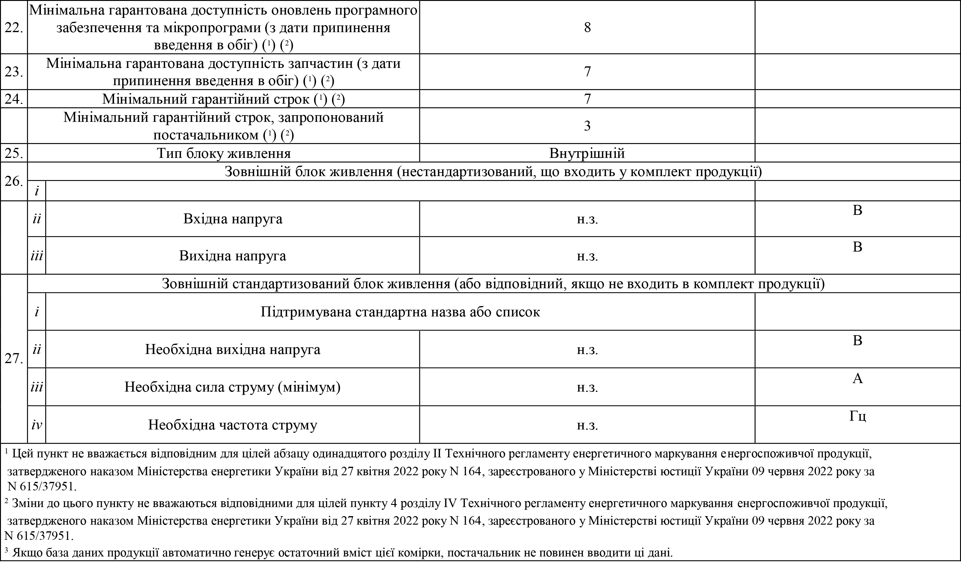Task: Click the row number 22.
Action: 13,28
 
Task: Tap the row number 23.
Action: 13,72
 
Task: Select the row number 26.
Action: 13,182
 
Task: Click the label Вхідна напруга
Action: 232,219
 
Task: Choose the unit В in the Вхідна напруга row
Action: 857,210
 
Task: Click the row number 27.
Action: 13,359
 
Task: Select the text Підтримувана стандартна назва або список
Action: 400,312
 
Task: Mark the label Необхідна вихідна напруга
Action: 232,349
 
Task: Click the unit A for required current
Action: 857,378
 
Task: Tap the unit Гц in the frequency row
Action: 857,416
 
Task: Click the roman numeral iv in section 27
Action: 37,425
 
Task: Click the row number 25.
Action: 13,153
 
